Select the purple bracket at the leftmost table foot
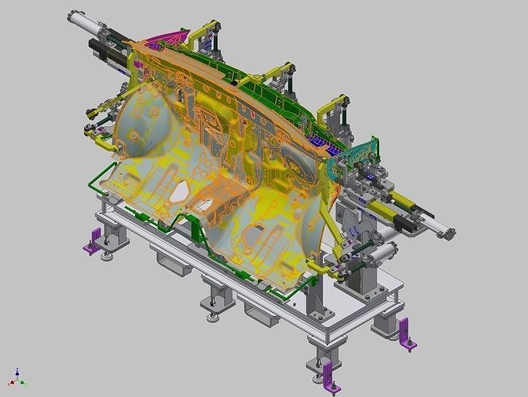pyautogui.click(x=94, y=241)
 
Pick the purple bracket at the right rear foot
pyautogui.click(x=407, y=333)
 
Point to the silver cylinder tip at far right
pyautogui.click(x=447, y=233)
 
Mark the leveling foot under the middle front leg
pyautogui.click(x=215, y=318)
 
